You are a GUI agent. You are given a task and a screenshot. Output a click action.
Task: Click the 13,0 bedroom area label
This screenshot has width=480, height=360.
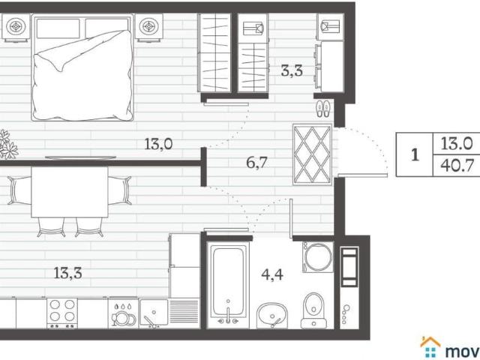(158, 144)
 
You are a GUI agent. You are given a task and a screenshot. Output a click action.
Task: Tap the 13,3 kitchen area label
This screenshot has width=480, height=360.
(67, 273)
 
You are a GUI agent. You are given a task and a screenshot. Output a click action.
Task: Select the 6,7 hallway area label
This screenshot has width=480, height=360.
(256, 163)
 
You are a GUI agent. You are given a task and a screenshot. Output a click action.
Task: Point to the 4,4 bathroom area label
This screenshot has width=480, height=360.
(272, 274)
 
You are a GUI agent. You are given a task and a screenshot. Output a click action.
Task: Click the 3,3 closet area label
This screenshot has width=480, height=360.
(292, 71)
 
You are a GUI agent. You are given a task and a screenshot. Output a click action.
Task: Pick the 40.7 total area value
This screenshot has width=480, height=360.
(457, 166)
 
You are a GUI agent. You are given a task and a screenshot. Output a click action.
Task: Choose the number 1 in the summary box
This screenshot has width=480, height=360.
(415, 155)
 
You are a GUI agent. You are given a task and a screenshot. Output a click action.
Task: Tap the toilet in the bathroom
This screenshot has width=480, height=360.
(313, 310)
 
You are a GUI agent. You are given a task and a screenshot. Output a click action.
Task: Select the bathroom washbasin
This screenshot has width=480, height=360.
(272, 316)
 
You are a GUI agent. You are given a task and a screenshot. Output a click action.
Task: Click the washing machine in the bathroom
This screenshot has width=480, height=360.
(318, 256)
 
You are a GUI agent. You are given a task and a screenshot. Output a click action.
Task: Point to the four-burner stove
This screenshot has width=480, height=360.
(62, 313)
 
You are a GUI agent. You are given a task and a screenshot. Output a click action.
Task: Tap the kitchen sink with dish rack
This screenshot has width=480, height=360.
(169, 313)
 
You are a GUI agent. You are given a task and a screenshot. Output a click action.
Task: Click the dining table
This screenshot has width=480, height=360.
(70, 192)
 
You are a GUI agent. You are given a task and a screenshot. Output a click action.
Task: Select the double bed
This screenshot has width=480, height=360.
(82, 67)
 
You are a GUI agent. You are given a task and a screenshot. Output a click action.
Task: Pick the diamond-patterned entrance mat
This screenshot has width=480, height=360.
(312, 154)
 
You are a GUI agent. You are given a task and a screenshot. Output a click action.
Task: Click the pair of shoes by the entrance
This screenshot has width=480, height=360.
(323, 108)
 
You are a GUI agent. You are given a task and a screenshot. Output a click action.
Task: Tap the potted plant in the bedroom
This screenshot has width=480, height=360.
(7, 145)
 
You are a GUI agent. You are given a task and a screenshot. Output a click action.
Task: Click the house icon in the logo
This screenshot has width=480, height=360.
(430, 347)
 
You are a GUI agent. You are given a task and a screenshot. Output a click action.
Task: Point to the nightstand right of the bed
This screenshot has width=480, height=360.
(148, 27)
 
